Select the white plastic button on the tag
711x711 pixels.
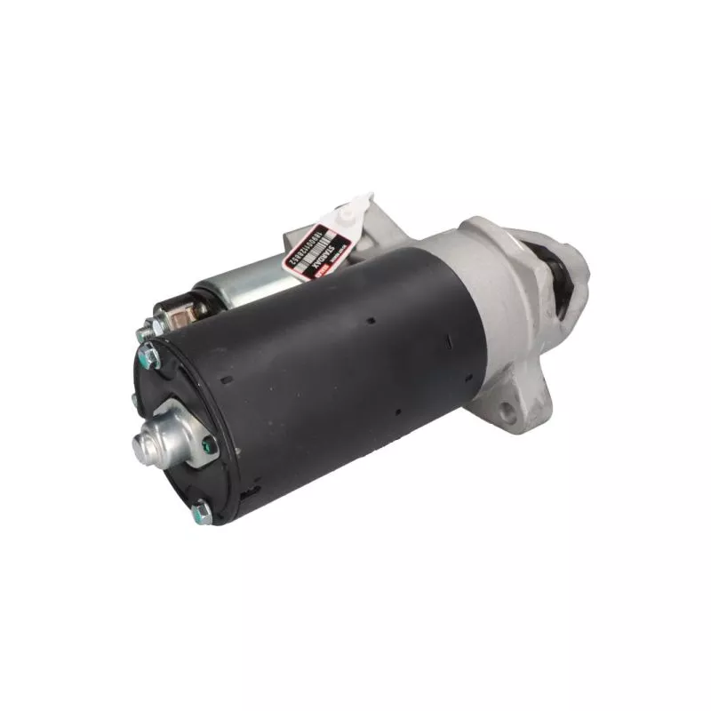358,209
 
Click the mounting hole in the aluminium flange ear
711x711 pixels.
508,411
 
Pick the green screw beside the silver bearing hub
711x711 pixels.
205,444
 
